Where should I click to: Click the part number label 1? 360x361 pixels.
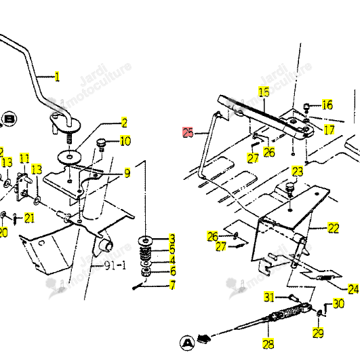(x=57, y=77)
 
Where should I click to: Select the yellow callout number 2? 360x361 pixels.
(x=124, y=123)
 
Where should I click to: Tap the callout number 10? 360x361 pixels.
(x=125, y=140)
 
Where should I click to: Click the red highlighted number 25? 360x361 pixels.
(x=188, y=132)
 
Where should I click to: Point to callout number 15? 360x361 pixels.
(x=264, y=92)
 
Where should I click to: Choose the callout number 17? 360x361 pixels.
(x=329, y=130)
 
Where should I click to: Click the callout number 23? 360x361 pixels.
(x=298, y=171)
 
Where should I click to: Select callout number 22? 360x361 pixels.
(x=334, y=228)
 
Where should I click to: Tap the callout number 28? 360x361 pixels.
(x=268, y=344)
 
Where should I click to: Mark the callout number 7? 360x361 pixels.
(x=172, y=284)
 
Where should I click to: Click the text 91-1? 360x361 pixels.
(x=115, y=266)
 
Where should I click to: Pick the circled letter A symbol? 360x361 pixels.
(x=187, y=343)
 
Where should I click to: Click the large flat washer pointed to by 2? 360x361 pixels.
(x=70, y=157)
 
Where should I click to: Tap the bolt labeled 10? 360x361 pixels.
(x=101, y=145)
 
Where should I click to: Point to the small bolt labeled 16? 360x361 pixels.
(x=306, y=107)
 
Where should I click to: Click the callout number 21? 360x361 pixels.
(x=29, y=218)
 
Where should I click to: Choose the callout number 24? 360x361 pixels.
(x=353, y=288)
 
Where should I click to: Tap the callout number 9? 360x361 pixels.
(x=127, y=173)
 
